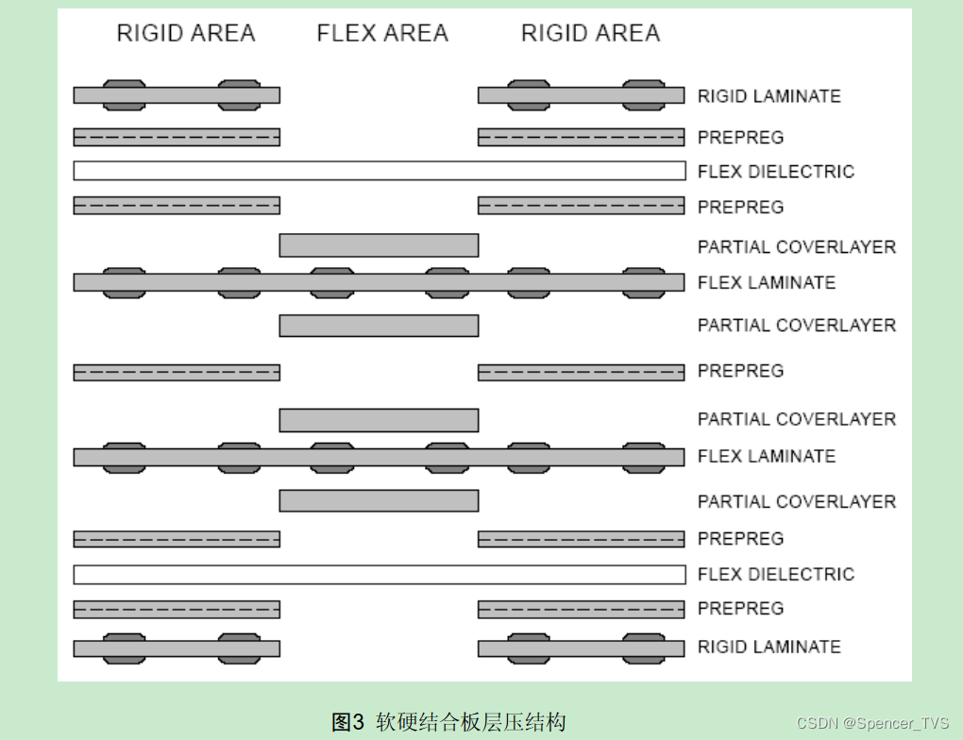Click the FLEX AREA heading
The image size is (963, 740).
tap(382, 34)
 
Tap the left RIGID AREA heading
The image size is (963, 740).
tap(186, 34)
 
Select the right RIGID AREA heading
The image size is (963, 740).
tap(590, 34)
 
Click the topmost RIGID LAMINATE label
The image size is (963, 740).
tap(769, 96)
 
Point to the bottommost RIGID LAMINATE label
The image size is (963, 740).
tap(769, 647)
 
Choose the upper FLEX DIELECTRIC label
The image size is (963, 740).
tap(775, 172)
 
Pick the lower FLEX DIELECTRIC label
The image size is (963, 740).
tap(775, 574)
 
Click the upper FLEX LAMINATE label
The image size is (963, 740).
tap(766, 282)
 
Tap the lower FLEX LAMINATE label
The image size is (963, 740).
tap(766, 457)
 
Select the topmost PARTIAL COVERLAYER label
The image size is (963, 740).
tap(796, 247)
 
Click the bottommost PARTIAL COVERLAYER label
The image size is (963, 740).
tap(796, 501)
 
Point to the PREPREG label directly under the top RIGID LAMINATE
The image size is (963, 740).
tap(740, 138)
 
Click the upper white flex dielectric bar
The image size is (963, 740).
tap(379, 171)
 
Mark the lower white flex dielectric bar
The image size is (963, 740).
tap(379, 574)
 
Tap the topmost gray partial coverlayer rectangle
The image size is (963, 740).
tap(379, 245)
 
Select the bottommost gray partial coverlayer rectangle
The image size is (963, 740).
tap(379, 500)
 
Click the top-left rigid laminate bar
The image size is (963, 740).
tap(177, 95)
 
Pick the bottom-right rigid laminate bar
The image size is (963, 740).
tap(581, 648)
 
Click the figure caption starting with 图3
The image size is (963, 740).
tap(448, 723)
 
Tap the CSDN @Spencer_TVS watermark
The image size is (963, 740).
tap(871, 724)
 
